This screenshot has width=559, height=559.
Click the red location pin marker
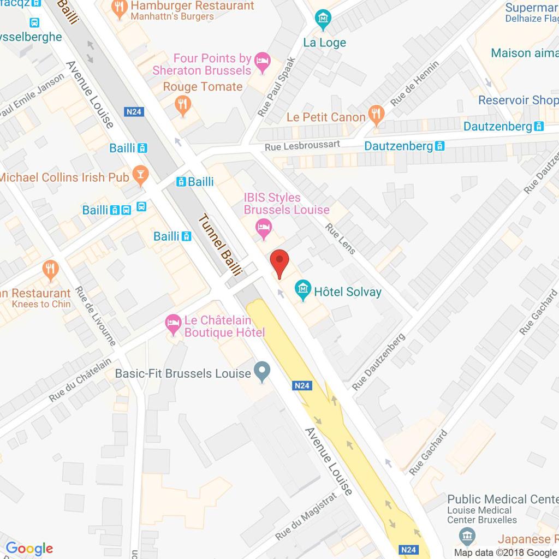[x=279, y=263]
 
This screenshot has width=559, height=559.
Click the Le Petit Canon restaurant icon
[x=375, y=114]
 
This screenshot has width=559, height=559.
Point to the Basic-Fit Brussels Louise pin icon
[x=263, y=373]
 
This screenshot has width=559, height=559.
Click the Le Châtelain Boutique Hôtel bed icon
[x=174, y=323]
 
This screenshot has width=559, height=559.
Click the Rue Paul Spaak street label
[x=276, y=87]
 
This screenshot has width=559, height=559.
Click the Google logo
[x=29, y=549]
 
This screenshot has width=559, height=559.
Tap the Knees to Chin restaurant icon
[x=51, y=268]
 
